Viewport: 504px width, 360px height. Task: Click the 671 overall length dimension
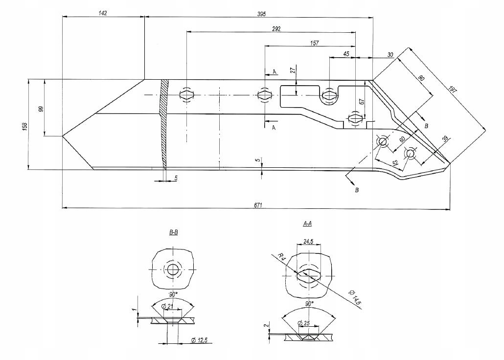[258, 205]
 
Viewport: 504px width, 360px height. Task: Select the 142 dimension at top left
[103, 13]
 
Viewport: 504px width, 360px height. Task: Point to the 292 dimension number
[276, 29]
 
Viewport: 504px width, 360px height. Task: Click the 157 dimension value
[314, 43]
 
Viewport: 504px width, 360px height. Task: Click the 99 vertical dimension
[41, 109]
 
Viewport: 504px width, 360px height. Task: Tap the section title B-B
[173, 233]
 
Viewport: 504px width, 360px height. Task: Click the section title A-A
[308, 224]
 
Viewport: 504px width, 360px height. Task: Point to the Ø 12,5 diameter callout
[201, 340]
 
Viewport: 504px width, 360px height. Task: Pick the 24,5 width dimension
[308, 241]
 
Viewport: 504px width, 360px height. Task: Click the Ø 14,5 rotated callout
[355, 298]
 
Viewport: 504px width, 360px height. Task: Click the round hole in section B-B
[173, 270]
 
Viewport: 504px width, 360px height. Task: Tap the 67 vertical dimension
[361, 101]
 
